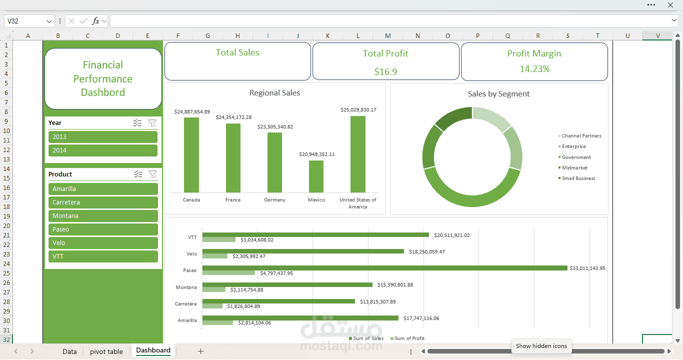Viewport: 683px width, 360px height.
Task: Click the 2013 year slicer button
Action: pyautogui.click(x=102, y=137)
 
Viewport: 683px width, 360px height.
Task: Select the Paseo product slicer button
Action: pyautogui.click(x=103, y=229)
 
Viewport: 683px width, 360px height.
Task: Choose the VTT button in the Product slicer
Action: pyautogui.click(x=103, y=256)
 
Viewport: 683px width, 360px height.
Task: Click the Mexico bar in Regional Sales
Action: pyautogui.click(x=316, y=176)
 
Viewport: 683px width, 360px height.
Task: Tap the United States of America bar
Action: pyautogui.click(x=357, y=154)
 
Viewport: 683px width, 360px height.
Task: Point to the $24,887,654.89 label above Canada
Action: pyautogui.click(x=192, y=112)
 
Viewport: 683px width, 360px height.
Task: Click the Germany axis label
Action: pyautogui.click(x=274, y=200)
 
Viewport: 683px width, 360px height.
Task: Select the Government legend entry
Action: pyautogui.click(x=576, y=157)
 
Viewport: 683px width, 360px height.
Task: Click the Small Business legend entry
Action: pyautogui.click(x=578, y=178)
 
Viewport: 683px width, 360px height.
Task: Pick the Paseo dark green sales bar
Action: pyautogui.click(x=385, y=268)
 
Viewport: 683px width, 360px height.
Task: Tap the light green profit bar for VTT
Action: pyautogui.click(x=219, y=240)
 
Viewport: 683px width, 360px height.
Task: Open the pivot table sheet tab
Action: pyautogui.click(x=106, y=351)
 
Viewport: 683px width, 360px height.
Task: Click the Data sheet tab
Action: pyautogui.click(x=69, y=351)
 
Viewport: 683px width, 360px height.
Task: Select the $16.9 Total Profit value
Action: pyautogui.click(x=385, y=71)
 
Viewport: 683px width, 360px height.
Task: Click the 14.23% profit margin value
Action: pyautogui.click(x=534, y=69)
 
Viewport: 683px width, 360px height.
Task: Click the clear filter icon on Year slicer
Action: pyautogui.click(x=152, y=123)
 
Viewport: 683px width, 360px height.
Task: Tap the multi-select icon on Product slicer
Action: pyautogui.click(x=138, y=174)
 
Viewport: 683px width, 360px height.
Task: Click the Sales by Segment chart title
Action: pyautogui.click(x=498, y=94)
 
